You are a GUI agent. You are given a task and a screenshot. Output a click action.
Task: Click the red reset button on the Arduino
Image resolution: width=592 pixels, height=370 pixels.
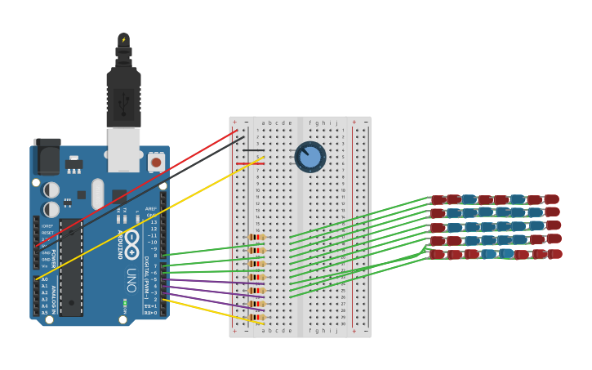pos(156,163)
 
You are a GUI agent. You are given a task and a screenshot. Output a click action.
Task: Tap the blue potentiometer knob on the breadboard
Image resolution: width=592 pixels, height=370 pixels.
pos(310,157)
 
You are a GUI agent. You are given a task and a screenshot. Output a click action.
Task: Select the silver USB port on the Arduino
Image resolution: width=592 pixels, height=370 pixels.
pos(124,149)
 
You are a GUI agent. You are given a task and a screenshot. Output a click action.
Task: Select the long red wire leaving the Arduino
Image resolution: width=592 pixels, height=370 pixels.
pos(139,187)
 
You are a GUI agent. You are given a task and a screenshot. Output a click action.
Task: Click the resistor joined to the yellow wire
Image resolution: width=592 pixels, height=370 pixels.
pos(256,318)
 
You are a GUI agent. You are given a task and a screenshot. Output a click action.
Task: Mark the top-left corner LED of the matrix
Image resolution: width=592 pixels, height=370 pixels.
pos(438,199)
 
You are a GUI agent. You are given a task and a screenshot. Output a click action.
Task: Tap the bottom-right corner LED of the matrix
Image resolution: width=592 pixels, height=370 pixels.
pos(555,254)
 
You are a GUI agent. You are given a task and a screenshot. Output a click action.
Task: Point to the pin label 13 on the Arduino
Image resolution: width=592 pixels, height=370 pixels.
pos(154,222)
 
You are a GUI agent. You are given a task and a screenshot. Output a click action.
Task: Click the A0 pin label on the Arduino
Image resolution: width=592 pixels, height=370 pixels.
pos(44,279)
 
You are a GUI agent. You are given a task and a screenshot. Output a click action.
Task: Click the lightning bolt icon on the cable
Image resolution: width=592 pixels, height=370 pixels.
pos(123,39)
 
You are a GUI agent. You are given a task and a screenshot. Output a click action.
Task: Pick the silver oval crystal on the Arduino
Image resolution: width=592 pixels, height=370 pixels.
pos(97,194)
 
